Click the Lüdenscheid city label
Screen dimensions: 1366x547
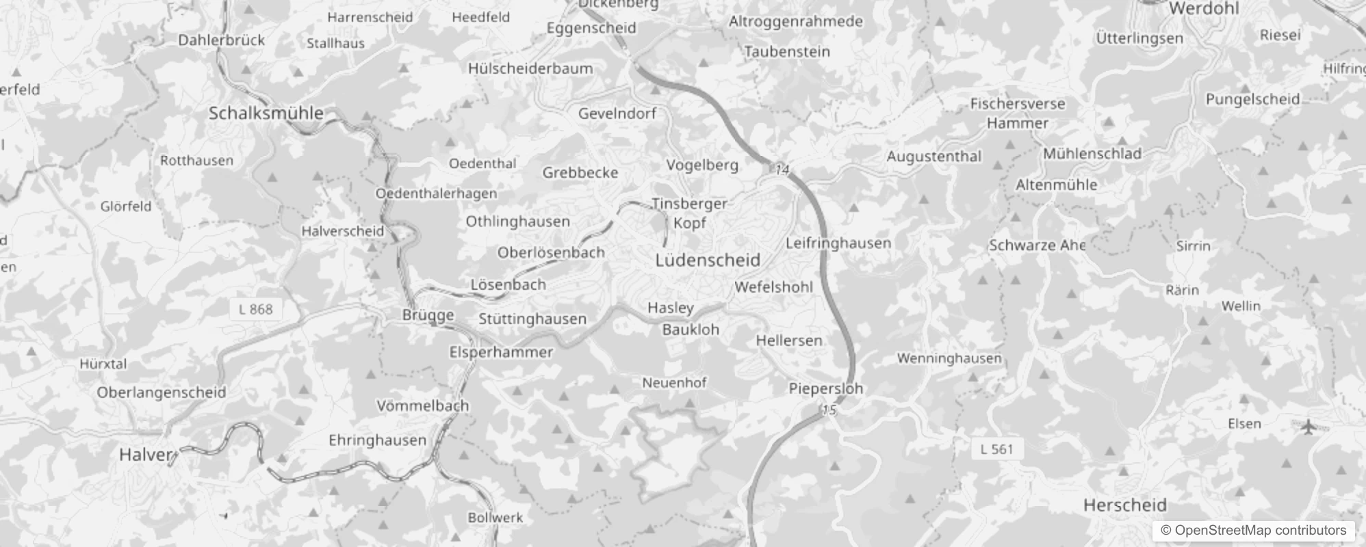[x=708, y=260]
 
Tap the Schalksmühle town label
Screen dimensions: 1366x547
[x=266, y=114]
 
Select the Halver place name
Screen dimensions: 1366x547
[x=145, y=455]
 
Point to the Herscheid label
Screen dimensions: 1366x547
[x=1125, y=505]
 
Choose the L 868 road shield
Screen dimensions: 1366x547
[x=256, y=309]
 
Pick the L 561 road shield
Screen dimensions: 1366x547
[x=996, y=449]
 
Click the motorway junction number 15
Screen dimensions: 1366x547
[x=829, y=410]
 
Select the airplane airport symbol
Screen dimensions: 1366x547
[x=1309, y=427]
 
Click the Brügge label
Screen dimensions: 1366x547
[x=428, y=315]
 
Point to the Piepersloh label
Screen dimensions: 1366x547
[x=825, y=388]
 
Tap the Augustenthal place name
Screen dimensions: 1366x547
[x=933, y=157]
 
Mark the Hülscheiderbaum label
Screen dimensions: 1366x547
[x=530, y=68]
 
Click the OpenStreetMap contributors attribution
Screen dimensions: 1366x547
[x=1253, y=531]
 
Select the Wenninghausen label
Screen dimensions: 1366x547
[x=949, y=358]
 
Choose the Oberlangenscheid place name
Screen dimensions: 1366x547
[x=161, y=392]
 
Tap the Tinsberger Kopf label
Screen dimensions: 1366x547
[x=689, y=213]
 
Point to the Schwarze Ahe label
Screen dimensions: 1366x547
[x=1037, y=245]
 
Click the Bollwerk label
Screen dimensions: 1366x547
[x=495, y=518]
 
